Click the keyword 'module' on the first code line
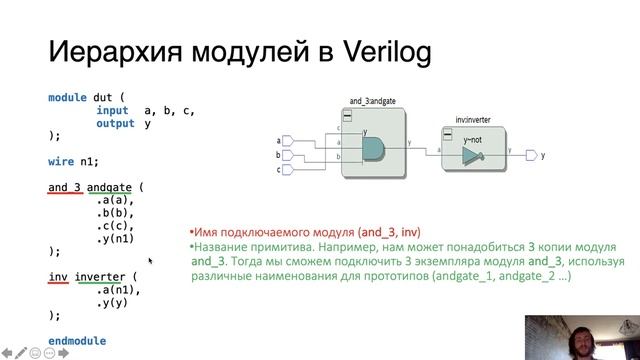click(68, 97)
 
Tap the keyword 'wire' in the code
click(62, 161)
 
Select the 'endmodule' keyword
click(77, 341)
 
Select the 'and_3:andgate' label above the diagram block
click(373, 102)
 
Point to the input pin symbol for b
click(288, 156)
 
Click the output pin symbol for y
click(531, 156)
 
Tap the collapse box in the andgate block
click(347, 116)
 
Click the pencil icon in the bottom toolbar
click(21, 352)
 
